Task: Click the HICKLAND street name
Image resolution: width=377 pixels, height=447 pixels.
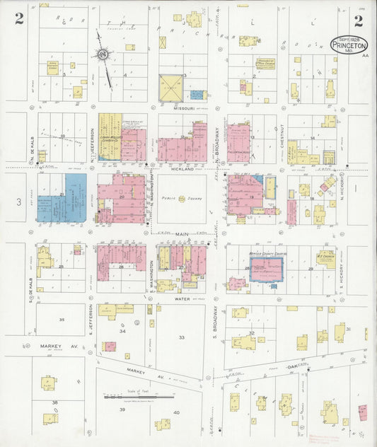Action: coord(182,170)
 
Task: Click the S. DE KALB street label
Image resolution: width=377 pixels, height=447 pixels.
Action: coord(32,272)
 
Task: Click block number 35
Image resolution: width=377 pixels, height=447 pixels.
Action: coord(62,320)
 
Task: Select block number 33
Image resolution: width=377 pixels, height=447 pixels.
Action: coord(181,337)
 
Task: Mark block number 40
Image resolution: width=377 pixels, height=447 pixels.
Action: coord(176,412)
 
